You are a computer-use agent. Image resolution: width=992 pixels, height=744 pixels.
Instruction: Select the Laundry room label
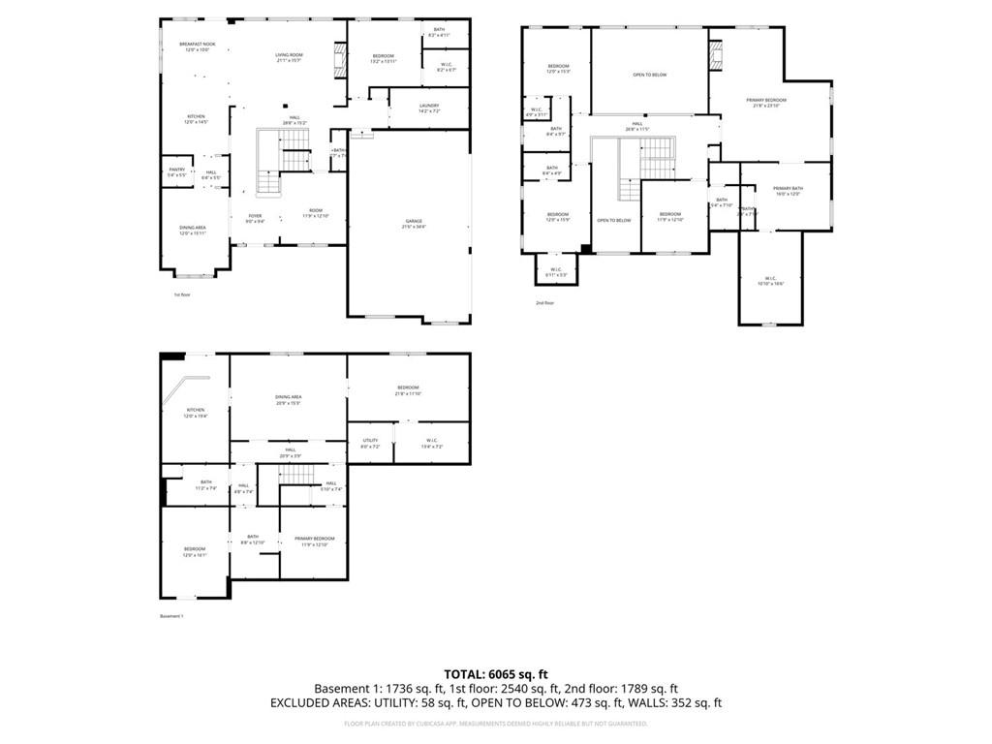click(430, 108)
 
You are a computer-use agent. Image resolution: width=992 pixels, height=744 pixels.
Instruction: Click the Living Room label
click(289, 57)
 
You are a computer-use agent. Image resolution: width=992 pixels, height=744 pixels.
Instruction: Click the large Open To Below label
click(650, 75)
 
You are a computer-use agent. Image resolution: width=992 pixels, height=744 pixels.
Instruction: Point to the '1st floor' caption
click(182, 294)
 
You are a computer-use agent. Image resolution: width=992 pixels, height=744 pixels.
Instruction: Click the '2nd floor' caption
click(544, 303)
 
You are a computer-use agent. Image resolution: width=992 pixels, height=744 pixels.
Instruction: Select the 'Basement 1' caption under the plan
click(171, 616)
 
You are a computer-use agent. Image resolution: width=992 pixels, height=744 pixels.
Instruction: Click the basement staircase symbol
click(297, 474)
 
